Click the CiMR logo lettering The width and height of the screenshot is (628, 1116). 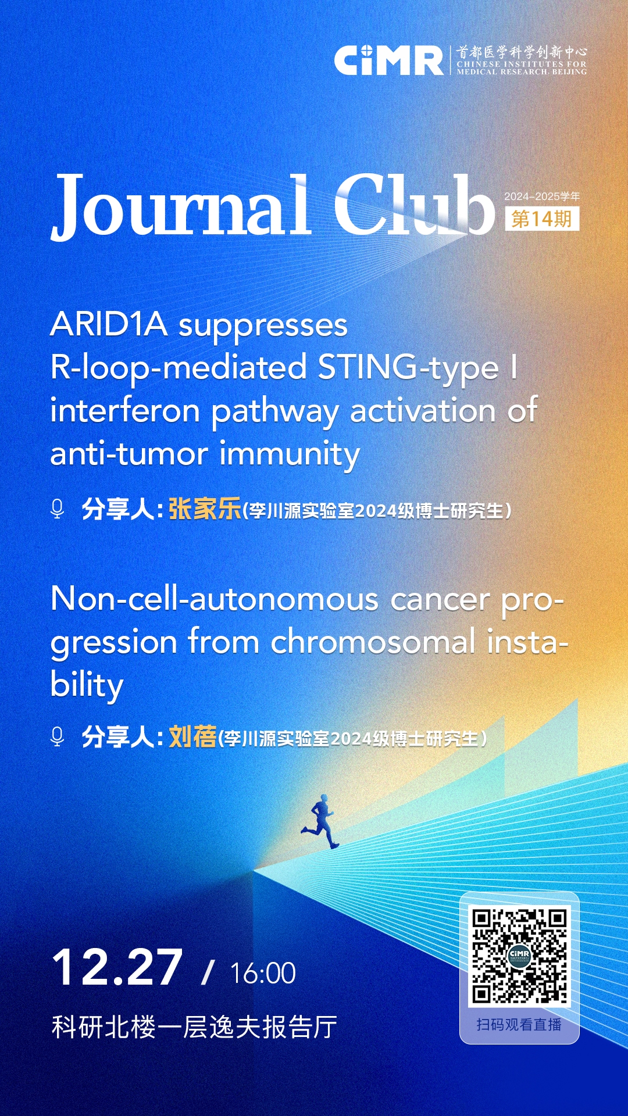(x=388, y=60)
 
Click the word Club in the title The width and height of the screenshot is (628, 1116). (x=415, y=205)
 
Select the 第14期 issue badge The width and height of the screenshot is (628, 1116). (x=542, y=219)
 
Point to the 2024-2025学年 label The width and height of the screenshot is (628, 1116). (x=542, y=196)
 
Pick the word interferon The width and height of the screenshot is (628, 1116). (x=125, y=410)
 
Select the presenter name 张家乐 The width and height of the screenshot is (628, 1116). (x=205, y=509)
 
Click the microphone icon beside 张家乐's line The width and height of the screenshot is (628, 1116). (x=57, y=509)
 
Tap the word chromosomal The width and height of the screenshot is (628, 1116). (x=373, y=642)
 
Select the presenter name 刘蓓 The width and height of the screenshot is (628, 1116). (x=192, y=737)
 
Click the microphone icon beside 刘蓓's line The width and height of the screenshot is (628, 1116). (x=57, y=736)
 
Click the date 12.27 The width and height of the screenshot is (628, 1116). (x=117, y=968)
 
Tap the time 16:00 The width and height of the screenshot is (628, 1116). (x=263, y=973)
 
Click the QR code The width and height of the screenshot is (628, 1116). (x=519, y=957)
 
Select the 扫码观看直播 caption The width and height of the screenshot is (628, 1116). (x=519, y=1024)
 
